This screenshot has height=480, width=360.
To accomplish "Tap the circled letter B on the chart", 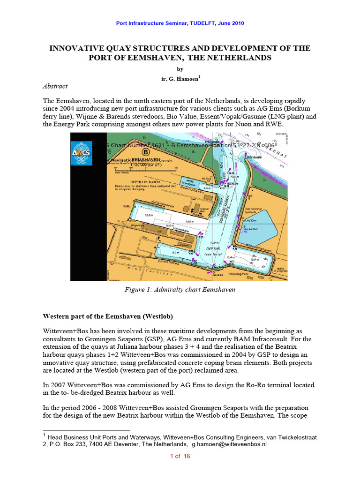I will pos(146,152).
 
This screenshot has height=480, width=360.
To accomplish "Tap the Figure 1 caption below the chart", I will pos(180,290).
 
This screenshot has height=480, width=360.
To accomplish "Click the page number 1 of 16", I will pos(180,457).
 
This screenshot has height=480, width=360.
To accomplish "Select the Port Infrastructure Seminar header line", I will pos(180,23).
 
